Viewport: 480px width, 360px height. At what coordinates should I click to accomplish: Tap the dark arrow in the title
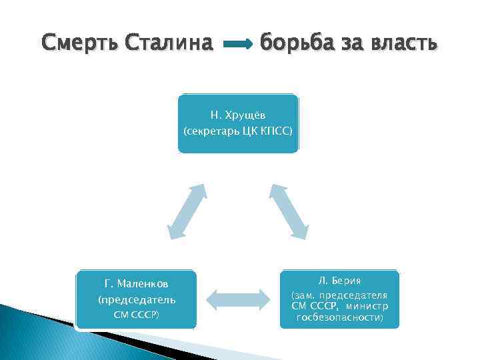[x=237, y=45]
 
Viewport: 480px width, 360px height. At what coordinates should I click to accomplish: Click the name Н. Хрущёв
[x=238, y=116]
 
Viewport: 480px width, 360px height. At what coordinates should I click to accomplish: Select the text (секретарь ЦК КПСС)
[x=238, y=131]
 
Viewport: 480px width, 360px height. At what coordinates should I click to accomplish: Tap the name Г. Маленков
[x=137, y=285]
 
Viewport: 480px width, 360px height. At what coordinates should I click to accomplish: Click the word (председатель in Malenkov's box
[x=137, y=299]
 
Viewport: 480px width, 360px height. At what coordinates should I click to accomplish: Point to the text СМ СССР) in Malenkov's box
[x=137, y=313]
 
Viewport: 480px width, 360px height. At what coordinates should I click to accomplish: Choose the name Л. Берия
[x=339, y=281]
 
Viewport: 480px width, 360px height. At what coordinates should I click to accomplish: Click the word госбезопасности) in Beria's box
[x=339, y=318]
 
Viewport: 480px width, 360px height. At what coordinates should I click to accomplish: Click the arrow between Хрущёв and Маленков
[x=186, y=211]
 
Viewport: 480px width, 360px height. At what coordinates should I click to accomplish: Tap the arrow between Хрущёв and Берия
[x=288, y=211]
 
